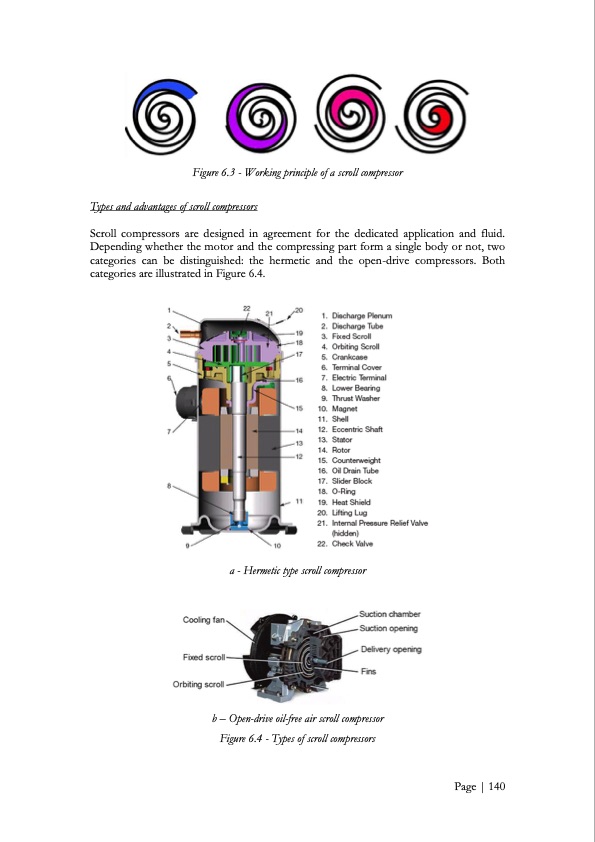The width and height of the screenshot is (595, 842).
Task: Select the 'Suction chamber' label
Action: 390,614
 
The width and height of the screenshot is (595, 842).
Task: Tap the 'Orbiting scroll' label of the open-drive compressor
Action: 200,685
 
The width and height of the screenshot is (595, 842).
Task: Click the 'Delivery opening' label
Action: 390,649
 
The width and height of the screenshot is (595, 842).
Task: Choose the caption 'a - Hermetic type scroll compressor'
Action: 297,570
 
